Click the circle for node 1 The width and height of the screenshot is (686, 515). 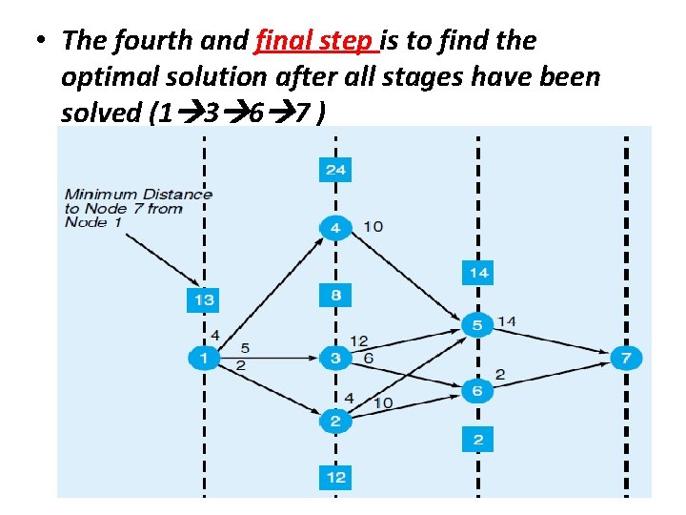click(203, 359)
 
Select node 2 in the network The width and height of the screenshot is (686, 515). click(334, 421)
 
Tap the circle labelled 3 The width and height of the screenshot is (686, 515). click(334, 359)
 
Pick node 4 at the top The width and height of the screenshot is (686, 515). click(334, 227)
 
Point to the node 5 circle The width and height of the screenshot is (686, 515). click(478, 326)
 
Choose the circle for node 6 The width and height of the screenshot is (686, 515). click(478, 391)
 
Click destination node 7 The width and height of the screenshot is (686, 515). click(626, 359)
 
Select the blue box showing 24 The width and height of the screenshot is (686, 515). click(334, 170)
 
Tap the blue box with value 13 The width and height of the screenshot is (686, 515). click(203, 299)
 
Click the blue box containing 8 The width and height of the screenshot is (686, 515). click(334, 295)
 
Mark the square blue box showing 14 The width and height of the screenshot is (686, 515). click(478, 273)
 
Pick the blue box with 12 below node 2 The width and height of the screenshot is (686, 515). click(334, 477)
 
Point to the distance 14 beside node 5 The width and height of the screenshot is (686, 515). click(507, 321)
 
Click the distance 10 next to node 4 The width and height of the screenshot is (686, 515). click(373, 226)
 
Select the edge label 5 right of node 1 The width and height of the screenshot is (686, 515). click(245, 348)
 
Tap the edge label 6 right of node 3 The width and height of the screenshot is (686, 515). click(368, 356)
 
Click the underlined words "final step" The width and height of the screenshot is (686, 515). click(316, 42)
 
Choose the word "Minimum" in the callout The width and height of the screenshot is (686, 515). click(102, 194)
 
